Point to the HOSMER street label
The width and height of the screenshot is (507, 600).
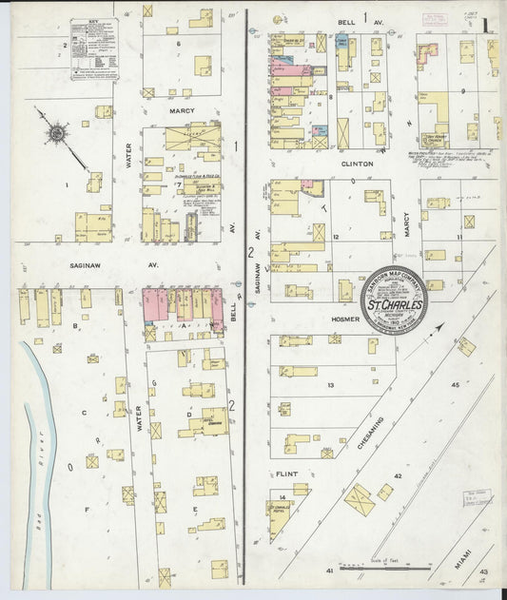pyautogui.click(x=345, y=319)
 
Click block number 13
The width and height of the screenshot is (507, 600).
pyautogui.click(x=331, y=384)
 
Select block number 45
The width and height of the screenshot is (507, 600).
pyautogui.click(x=455, y=384)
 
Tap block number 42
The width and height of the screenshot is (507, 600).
pyautogui.click(x=399, y=475)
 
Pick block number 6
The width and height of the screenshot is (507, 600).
pyautogui.click(x=177, y=44)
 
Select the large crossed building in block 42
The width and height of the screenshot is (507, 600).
pyautogui.click(x=359, y=499)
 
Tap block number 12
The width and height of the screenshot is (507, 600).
pyautogui.click(x=336, y=236)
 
